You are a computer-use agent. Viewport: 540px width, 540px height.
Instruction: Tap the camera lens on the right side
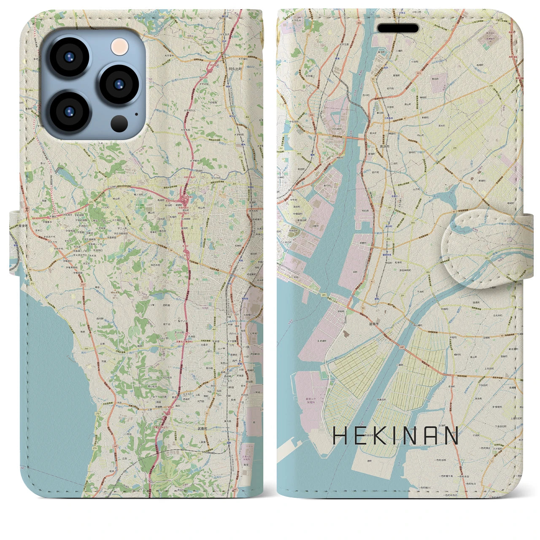[119, 83]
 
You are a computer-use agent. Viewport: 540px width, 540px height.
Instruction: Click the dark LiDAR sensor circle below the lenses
[119, 123]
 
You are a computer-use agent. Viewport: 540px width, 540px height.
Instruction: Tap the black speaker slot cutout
[397, 29]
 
